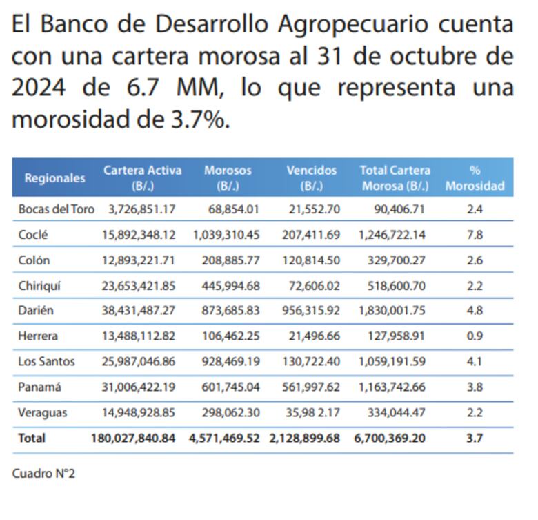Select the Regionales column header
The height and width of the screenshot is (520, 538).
(54, 177)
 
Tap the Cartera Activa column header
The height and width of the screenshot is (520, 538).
(143, 177)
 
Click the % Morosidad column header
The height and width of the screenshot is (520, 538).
(475, 177)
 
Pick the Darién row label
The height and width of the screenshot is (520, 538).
(36, 311)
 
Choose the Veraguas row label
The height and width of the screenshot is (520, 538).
(43, 412)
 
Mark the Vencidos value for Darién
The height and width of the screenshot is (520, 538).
(311, 311)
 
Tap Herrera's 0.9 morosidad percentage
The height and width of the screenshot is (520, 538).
(475, 336)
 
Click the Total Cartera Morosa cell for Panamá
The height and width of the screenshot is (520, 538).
(392, 387)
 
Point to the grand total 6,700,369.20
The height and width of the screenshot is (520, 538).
(392, 438)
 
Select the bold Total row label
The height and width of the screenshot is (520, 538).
(32, 438)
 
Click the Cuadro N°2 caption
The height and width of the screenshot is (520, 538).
(43, 474)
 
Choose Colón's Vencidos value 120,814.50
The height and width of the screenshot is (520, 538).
(311, 260)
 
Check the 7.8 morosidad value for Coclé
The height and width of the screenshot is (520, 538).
(475, 235)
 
